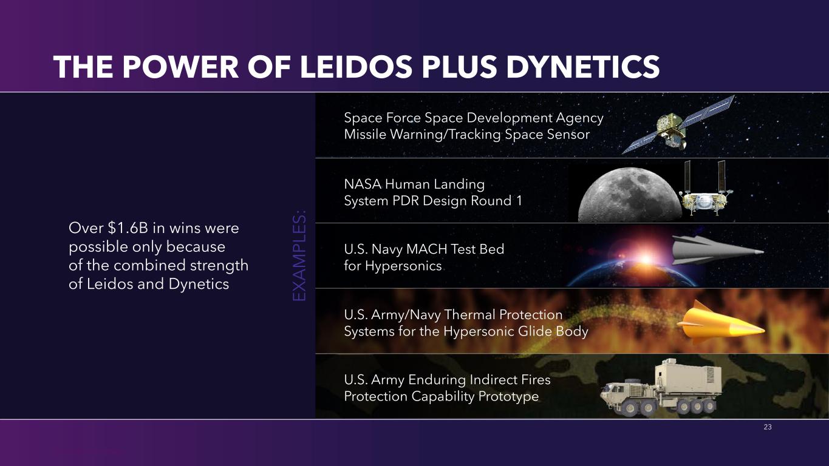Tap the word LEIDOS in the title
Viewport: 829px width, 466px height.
(356, 67)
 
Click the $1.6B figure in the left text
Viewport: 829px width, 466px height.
(128, 228)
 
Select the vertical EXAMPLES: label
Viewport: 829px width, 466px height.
(299, 256)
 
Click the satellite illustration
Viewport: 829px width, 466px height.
(677, 126)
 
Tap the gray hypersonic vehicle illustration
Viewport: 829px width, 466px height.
(716, 251)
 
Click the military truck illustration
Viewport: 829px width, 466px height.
(661, 388)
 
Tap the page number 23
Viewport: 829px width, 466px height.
(768, 427)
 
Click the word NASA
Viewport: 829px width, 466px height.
(363, 184)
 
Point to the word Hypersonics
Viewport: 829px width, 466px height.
(403, 266)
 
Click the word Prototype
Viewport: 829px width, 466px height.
(508, 397)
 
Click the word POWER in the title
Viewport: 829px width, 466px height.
(180, 67)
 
